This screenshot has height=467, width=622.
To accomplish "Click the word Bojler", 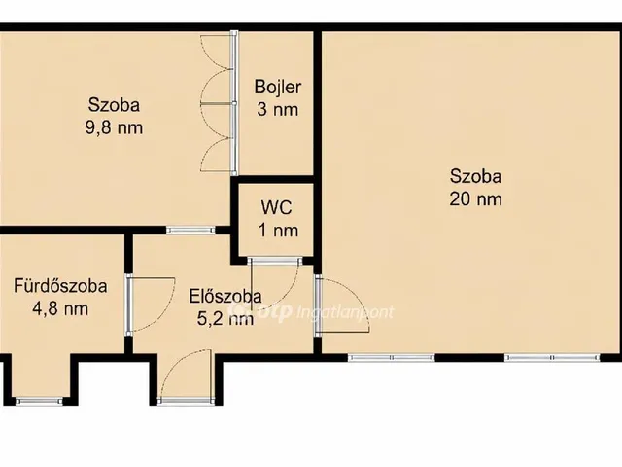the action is pos(278,88).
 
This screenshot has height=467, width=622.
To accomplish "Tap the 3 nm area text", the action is pos(278,109).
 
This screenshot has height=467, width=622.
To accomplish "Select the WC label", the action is pos(276,207).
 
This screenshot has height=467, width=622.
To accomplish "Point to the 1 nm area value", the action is pos(278,230).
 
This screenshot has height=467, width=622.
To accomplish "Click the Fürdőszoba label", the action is pos(60,286).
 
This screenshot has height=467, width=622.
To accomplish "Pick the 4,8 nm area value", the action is pos(60,308).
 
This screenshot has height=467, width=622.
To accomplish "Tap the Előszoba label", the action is pos(225,296).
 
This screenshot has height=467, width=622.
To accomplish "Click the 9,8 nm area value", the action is pos(114,127).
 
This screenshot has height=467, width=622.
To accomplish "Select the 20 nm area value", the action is pos(475,198).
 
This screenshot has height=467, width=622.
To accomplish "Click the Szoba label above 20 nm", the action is pos(475,176).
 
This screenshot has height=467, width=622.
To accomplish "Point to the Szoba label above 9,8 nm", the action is pos(114,105).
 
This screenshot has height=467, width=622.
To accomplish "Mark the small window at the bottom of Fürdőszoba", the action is pos(39,401).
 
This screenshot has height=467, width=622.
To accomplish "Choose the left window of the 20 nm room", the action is pos(391,358).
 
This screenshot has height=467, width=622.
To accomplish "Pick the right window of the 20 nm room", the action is pos(552,358).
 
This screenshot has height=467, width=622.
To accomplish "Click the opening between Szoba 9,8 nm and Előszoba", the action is pos(190,230).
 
